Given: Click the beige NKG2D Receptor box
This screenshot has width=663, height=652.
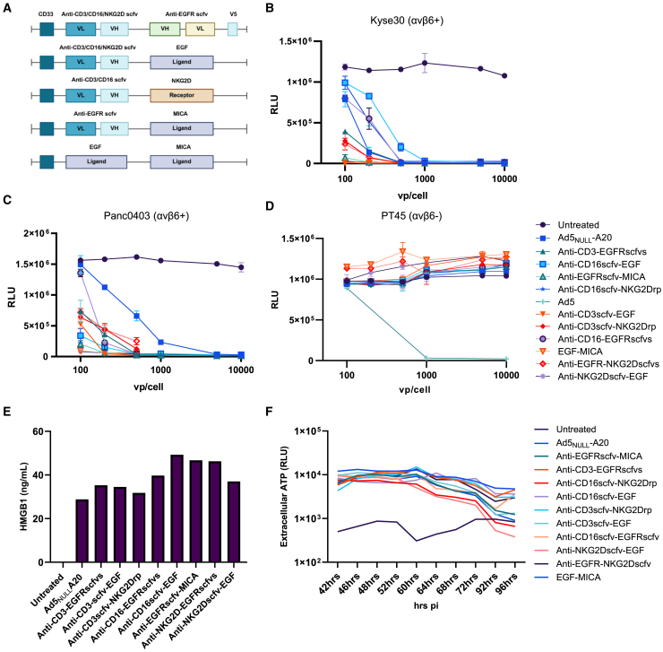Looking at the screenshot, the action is (x=182, y=95).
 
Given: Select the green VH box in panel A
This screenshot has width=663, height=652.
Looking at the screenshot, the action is (x=165, y=29).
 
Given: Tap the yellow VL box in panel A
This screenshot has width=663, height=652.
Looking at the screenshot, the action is (x=201, y=29).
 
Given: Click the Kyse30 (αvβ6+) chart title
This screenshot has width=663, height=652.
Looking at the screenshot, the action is (x=407, y=21).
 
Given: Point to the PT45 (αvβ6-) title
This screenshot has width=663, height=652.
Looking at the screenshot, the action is (x=411, y=216).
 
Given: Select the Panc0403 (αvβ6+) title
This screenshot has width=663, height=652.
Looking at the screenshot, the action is (x=146, y=216).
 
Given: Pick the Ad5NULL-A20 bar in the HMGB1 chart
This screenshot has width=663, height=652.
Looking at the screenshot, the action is (x=82, y=531).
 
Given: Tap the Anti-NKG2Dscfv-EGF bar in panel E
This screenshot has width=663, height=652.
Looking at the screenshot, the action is (x=234, y=522).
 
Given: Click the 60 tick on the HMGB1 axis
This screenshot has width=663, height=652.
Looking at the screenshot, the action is (x=38, y=431).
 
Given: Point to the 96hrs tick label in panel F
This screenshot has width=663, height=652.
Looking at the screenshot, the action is (x=506, y=584).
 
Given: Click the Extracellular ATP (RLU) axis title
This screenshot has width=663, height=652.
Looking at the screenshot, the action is (x=284, y=496).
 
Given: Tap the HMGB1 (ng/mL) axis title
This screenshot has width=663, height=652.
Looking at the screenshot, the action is (x=23, y=497).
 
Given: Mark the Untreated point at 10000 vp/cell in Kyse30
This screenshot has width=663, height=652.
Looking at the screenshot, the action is (x=504, y=76).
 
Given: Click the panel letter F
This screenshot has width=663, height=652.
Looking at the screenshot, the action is (x=270, y=411).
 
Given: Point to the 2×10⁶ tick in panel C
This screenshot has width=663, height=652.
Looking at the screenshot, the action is (x=36, y=233).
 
